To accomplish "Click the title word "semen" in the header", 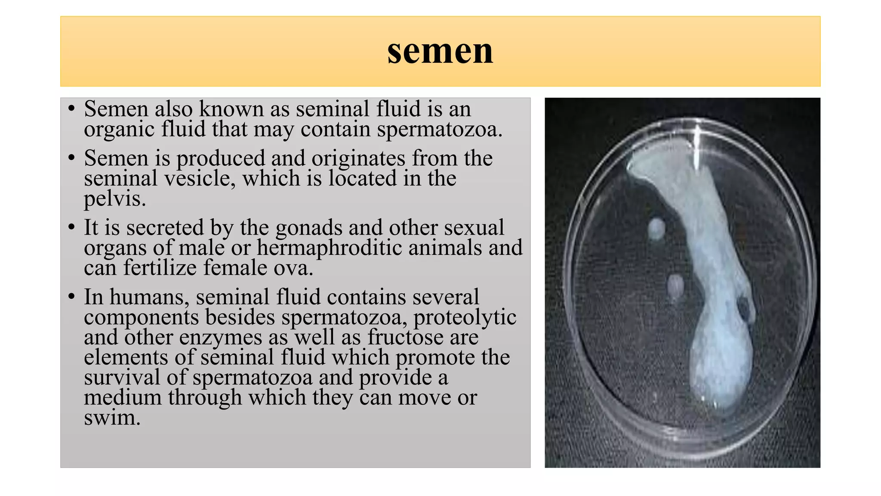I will (x=440, y=52).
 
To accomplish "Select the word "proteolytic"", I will (x=465, y=318).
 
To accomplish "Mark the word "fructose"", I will (x=405, y=337).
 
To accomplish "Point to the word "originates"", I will (x=358, y=158).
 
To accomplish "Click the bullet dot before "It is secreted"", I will (x=72, y=227).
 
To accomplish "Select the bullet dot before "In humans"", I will (x=72, y=297).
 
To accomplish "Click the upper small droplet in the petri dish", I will (x=656, y=228).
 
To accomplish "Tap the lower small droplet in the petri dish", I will (x=675, y=286).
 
